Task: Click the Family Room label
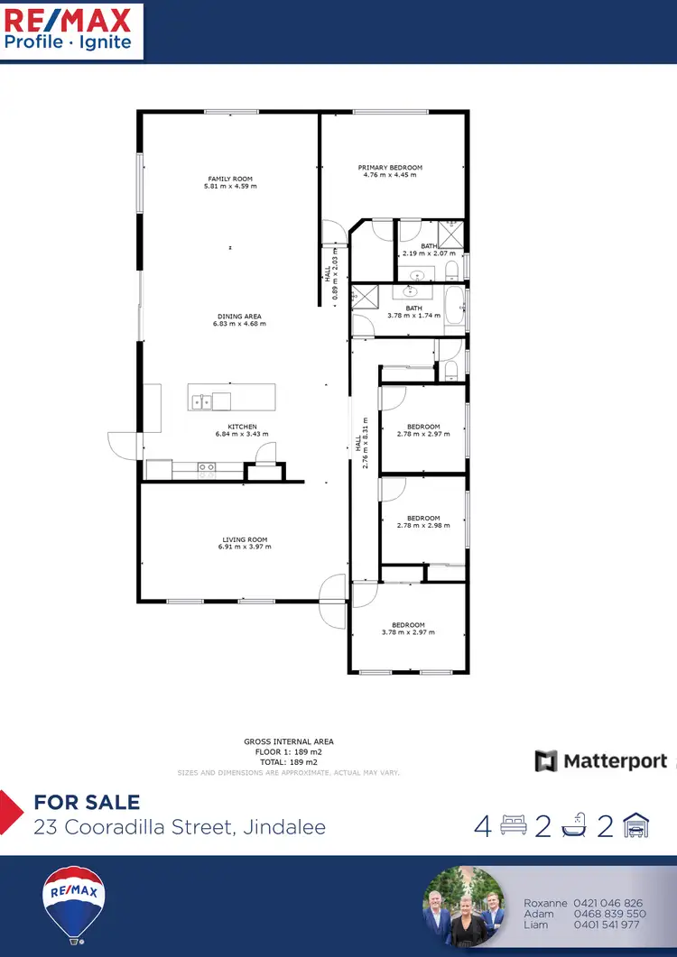coord(230,179)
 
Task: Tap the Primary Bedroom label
coord(390,168)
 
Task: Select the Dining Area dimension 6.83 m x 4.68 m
coord(240,324)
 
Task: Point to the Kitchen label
coord(242,427)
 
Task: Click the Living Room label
coord(245,540)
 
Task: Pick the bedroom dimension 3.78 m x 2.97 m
coord(408,632)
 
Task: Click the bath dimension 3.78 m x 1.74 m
coord(413,316)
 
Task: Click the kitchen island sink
coord(200,402)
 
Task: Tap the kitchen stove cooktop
coord(207,467)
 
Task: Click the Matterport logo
coord(601,761)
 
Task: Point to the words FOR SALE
coord(87,802)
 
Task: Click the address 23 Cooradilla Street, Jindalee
coord(180,826)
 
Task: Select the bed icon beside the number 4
coord(514,826)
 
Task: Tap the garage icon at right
coord(637,825)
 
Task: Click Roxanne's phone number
coord(607,903)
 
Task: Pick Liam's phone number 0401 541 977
coord(607,925)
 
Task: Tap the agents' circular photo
coord(464,906)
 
